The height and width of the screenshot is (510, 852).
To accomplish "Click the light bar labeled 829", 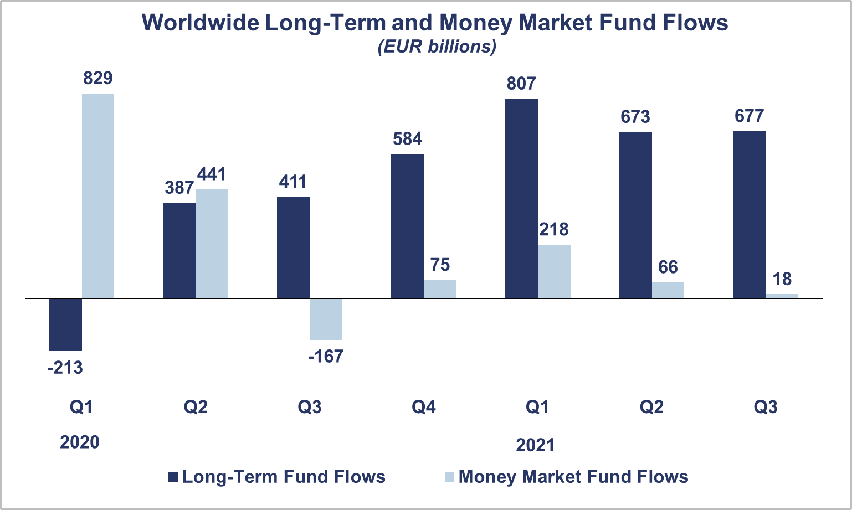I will tap(98, 195).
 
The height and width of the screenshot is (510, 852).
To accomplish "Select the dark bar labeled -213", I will tap(65, 324).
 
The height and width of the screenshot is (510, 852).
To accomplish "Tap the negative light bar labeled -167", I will tap(326, 319).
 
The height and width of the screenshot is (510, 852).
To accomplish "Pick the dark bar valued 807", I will tap(521, 198).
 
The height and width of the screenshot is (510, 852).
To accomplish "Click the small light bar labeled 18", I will tap(782, 296).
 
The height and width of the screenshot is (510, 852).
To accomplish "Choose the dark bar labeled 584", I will tap(407, 226).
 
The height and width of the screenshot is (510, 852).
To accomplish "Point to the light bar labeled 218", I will tap(554, 271).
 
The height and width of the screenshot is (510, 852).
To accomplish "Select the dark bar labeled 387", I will tap(179, 250).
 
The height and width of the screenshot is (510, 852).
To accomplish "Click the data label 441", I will tap(212, 174).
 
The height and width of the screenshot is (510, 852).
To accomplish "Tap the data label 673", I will tap(635, 117).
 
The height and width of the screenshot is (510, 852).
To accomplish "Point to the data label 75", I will tap(440, 265).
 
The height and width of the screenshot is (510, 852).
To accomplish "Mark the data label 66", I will tap(668, 267).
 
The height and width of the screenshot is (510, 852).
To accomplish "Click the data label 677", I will tap(749, 116).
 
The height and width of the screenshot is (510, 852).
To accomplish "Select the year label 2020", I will tap(80, 442).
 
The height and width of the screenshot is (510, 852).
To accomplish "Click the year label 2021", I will tap(535, 445).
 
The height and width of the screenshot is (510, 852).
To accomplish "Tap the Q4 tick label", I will tap(423, 408).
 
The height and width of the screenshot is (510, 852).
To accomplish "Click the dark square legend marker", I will tap(173, 477).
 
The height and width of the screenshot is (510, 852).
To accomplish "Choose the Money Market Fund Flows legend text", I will tap(573, 477).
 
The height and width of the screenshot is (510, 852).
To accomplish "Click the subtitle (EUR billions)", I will tap(437, 47).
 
